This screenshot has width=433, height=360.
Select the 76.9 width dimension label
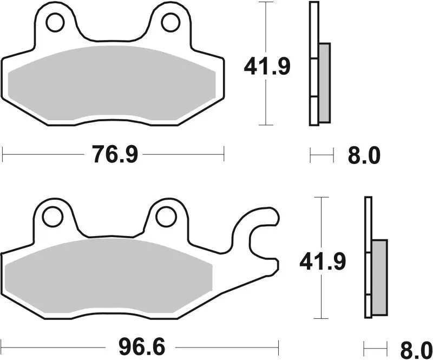115,155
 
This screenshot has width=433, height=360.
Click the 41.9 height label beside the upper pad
267,67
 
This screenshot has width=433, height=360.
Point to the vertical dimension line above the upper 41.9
265,27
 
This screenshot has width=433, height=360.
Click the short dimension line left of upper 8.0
322,156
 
